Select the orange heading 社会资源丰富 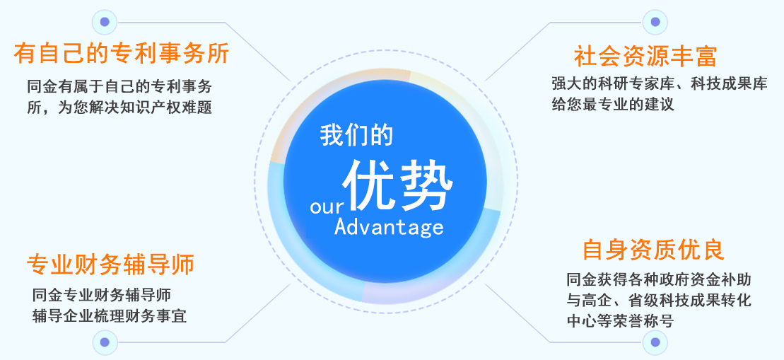(x=645, y=56)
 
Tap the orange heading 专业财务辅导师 (x=110, y=265)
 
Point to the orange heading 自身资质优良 (x=653, y=250)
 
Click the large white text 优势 (x=397, y=185)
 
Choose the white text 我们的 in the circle (x=356, y=134)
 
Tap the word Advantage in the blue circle (x=389, y=226)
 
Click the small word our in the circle (x=325, y=207)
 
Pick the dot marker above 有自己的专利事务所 (x=105, y=22)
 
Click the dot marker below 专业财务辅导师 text (x=105, y=342)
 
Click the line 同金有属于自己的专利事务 (x=119, y=88)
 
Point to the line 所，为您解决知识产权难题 (x=119, y=108)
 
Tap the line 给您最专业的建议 (x=613, y=105)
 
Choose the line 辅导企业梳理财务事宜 (x=110, y=315)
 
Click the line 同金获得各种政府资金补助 (x=658, y=279)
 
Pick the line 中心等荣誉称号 (x=620, y=321)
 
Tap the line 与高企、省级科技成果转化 (x=658, y=300)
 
